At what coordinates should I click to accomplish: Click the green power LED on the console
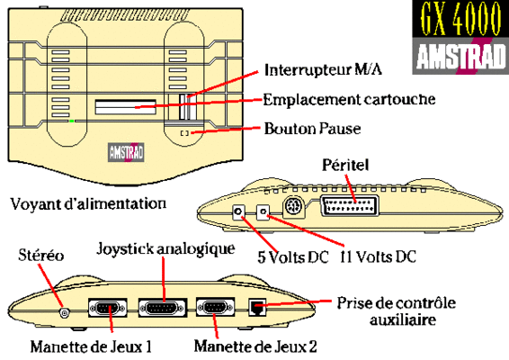click(x=71, y=121)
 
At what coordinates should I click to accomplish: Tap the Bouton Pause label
click(x=312, y=129)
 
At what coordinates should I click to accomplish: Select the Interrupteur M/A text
click(x=323, y=70)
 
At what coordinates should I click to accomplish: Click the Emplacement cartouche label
click(x=349, y=99)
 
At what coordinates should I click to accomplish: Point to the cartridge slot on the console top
click(x=125, y=107)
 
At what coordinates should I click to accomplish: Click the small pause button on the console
click(x=184, y=133)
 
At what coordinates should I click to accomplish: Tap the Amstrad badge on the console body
click(x=126, y=152)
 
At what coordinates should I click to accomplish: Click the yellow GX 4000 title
click(x=460, y=19)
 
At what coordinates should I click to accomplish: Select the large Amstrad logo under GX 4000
click(x=460, y=56)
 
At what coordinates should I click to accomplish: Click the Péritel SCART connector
click(x=349, y=206)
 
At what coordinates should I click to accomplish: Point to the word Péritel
click(x=345, y=165)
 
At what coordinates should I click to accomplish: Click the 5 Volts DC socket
click(x=238, y=211)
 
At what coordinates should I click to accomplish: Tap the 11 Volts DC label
click(x=378, y=257)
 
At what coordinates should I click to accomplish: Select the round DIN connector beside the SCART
click(x=293, y=206)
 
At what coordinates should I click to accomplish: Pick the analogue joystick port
click(x=163, y=308)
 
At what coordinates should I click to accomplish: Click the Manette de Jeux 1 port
click(x=108, y=308)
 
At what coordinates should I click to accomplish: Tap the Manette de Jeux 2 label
click(x=255, y=346)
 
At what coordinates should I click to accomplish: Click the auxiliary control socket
click(x=257, y=308)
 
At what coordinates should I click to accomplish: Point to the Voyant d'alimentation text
click(x=88, y=204)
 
